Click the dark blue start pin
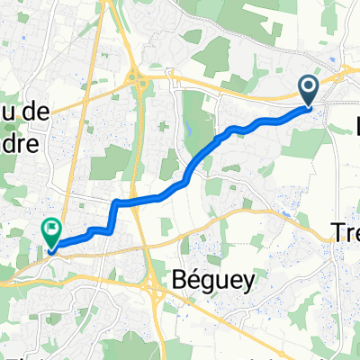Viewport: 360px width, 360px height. tap(308, 90)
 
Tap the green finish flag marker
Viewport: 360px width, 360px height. tap(51, 232)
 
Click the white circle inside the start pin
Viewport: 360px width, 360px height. tap(308, 86)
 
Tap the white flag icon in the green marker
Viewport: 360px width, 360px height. tap(51, 229)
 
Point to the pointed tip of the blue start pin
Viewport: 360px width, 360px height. tap(308, 106)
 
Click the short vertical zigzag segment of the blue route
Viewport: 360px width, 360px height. tap(113, 216)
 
